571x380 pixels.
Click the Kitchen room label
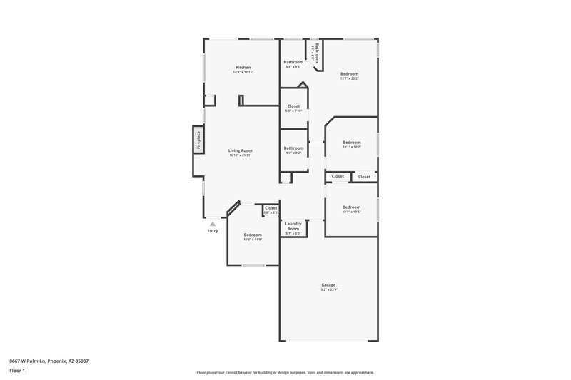[x=243, y=68]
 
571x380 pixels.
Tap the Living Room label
[x=241, y=150]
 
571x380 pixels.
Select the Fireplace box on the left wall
[x=198, y=140]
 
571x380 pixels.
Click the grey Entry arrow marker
[x=213, y=224]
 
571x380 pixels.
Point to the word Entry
[x=213, y=231]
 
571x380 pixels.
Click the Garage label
[x=328, y=284]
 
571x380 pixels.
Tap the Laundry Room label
[x=293, y=226]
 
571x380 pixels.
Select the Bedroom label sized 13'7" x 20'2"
[x=349, y=74]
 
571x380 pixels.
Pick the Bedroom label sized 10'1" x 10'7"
[x=351, y=142]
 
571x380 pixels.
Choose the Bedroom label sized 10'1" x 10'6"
[x=351, y=207]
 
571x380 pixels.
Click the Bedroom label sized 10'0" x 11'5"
[x=253, y=235]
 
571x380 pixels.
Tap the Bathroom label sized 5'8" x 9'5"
[x=293, y=62]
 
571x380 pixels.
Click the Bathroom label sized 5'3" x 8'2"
[x=293, y=148]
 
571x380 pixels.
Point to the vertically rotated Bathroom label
[x=317, y=52]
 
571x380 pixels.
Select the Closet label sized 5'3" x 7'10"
[x=293, y=106]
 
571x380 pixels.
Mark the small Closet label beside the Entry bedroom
[x=271, y=208]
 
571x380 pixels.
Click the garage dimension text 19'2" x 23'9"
[x=328, y=289]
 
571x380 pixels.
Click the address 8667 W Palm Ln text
[x=49, y=361]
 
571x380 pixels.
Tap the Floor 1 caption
[x=17, y=371]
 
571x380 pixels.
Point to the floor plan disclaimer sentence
[x=285, y=372]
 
